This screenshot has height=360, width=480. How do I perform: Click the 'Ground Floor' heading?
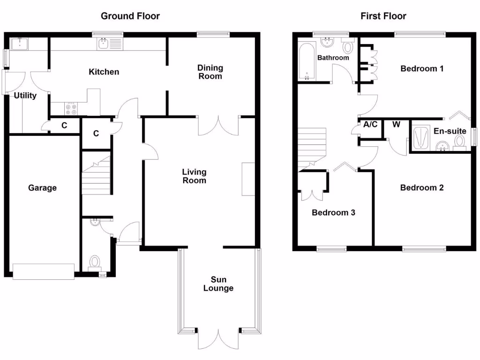(130, 16)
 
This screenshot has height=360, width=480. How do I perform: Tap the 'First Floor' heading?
(383, 16)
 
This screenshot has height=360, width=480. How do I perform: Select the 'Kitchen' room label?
(104, 72)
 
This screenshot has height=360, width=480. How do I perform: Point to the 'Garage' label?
(42, 188)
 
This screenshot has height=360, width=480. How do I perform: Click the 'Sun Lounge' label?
(218, 284)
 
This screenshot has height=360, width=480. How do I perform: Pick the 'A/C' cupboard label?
(370, 125)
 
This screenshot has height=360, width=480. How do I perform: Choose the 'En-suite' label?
(450, 131)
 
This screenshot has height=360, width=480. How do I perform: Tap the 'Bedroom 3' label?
(333, 213)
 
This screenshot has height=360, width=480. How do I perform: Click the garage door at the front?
(44, 271)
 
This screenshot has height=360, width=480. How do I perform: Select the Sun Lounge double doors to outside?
(218, 338)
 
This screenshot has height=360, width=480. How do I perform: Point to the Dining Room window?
(213, 33)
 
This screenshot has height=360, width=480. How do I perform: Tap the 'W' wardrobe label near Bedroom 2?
(396, 125)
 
